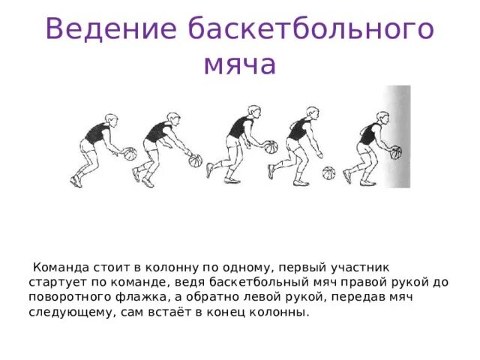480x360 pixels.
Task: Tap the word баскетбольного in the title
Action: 311,29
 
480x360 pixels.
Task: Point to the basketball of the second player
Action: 196,160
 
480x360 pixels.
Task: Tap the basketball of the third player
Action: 269,147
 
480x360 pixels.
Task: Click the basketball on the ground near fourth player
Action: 328,173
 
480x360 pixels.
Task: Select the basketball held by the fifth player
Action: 395,153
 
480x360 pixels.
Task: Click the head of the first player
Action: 111,119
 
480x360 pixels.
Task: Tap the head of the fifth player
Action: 382,118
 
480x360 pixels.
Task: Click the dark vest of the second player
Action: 157,133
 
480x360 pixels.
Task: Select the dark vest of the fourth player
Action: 298,130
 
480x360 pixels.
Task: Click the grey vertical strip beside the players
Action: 397,135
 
